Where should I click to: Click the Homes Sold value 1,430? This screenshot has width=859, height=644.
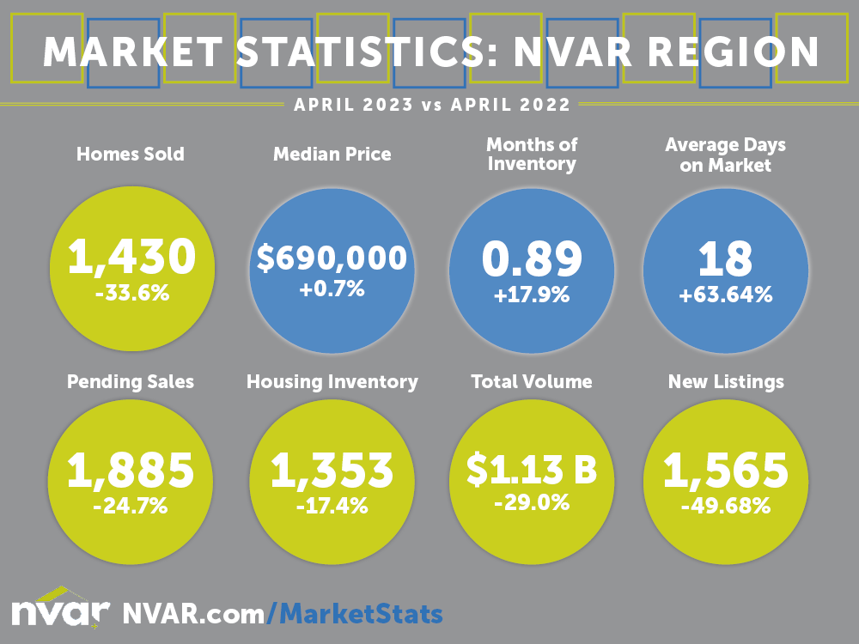(133, 256)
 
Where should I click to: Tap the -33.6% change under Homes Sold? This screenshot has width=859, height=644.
(133, 294)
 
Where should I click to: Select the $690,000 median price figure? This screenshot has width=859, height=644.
(332, 258)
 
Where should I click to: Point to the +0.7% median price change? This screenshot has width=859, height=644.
(332, 289)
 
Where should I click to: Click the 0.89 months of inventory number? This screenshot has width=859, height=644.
(532, 258)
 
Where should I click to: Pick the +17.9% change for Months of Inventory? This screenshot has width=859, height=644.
(532, 295)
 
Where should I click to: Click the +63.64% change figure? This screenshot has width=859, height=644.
(726, 295)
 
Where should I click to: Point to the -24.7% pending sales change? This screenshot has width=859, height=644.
(131, 505)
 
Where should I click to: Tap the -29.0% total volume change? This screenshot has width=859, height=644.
(532, 502)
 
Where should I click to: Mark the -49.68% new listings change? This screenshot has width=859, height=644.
(726, 506)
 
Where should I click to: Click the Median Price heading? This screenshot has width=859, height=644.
(332, 155)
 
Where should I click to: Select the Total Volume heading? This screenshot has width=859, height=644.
(532, 381)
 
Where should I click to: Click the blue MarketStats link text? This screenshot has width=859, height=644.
(361, 613)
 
